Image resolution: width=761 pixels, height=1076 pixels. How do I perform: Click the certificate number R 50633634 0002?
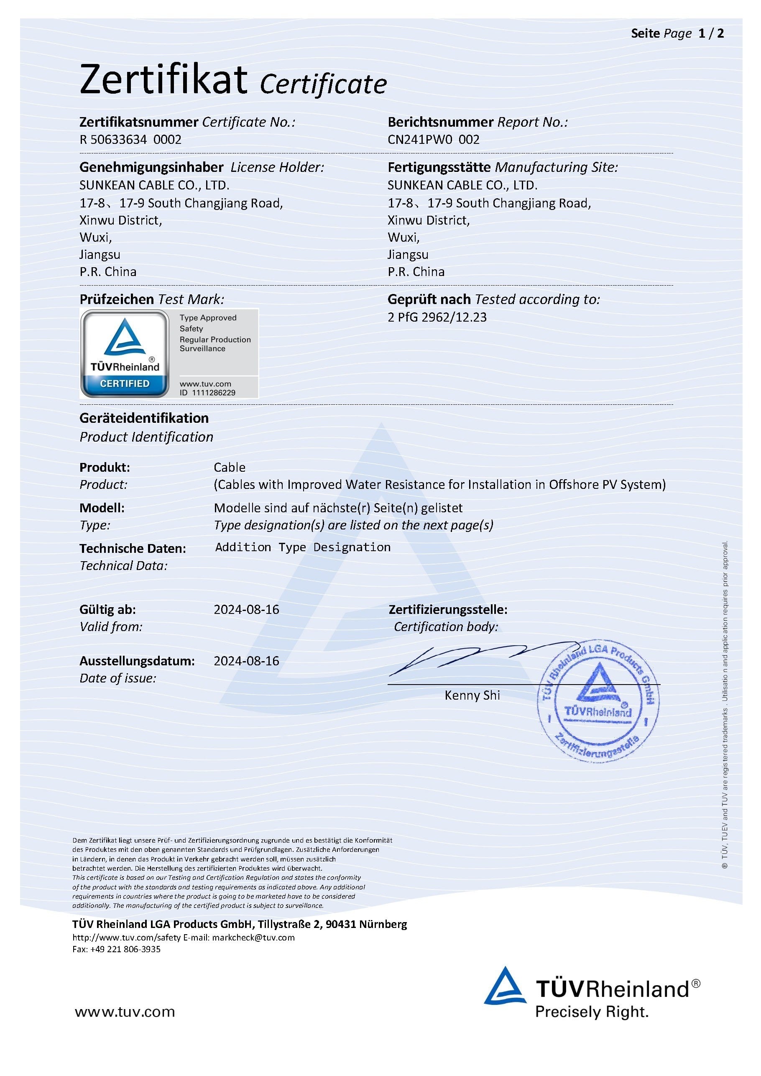130,140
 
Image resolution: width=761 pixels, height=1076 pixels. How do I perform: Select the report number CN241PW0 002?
433,140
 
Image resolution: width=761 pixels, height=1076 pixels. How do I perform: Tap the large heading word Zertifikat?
163,80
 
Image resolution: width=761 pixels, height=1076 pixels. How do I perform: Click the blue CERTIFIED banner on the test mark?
125,383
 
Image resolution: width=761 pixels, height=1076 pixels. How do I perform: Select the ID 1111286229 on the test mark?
207,393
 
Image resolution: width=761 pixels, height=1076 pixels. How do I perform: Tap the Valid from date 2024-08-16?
246,609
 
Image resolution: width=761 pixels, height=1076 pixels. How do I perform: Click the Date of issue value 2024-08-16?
246,661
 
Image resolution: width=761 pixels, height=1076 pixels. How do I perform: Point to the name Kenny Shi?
472,695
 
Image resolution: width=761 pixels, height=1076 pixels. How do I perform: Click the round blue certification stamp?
598,700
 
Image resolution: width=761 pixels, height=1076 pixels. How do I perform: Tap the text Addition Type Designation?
302,547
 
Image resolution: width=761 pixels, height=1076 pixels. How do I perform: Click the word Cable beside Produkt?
229,467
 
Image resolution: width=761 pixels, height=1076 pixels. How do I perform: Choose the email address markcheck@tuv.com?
253,937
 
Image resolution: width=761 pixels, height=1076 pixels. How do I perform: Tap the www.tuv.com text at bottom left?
125,1012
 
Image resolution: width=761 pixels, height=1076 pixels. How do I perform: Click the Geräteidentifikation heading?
144,418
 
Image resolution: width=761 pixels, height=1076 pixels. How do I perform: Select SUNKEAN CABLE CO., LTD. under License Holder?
154,185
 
